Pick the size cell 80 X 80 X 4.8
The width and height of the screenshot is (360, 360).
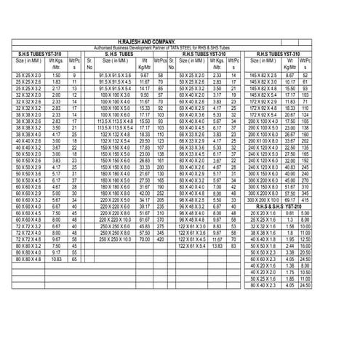coord(28,259)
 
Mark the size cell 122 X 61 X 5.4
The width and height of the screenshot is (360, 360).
coord(196,245)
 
